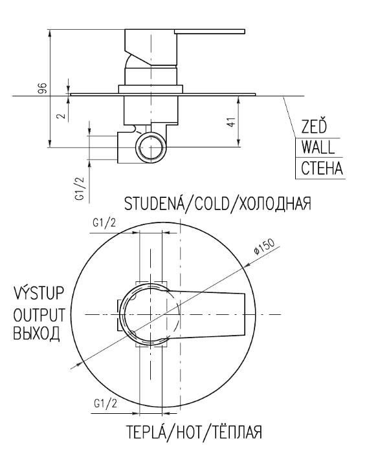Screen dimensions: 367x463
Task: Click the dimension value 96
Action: tap(43, 88)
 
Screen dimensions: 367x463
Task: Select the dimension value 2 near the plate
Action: tap(61, 115)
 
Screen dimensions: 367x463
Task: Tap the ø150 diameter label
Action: tap(264, 246)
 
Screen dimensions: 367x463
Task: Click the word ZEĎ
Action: tap(314, 125)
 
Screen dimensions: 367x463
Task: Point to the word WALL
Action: tap(318, 147)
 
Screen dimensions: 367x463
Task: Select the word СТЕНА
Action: tap(322, 168)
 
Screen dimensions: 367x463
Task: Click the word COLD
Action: tap(212, 204)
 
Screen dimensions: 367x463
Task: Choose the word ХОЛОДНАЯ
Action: tap(275, 204)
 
